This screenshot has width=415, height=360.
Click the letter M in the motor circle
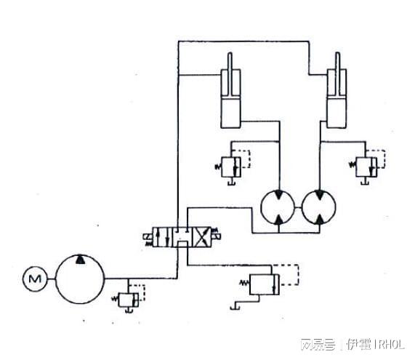coord(33,278)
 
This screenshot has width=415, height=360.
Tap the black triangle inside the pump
coord(80,260)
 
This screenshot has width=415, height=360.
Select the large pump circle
coord(80,279)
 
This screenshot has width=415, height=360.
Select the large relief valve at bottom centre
coord(262,283)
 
